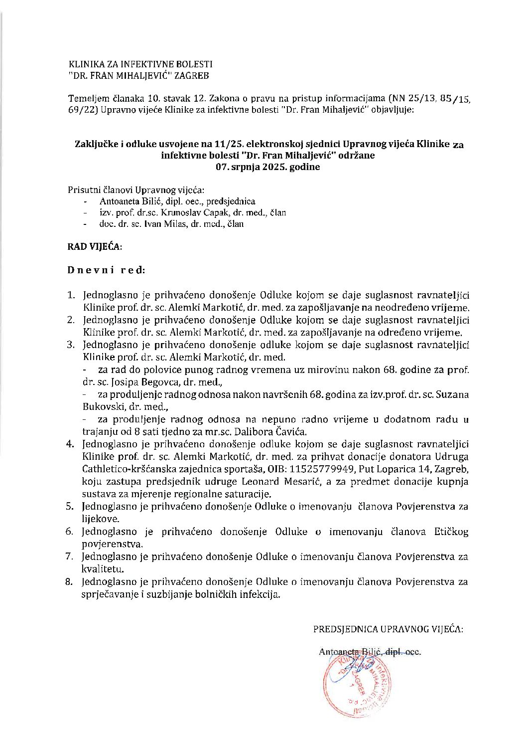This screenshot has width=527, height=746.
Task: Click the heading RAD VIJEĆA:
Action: (x=95, y=247)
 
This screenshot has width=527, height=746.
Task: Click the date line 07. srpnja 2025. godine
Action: (x=267, y=167)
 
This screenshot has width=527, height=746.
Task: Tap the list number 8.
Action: (x=71, y=581)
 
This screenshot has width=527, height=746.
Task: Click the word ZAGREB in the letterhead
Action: (x=192, y=76)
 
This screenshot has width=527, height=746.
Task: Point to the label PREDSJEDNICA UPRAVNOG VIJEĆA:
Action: (x=388, y=629)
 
